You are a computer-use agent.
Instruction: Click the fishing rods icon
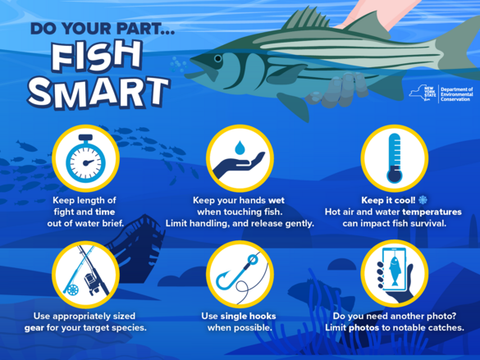coord(85,275)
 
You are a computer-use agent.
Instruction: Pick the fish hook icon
coord(240,275)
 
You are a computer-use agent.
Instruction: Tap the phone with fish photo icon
coord(395,275)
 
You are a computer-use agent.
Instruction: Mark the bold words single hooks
coord(250,316)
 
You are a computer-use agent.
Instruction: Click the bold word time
coord(107,211)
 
